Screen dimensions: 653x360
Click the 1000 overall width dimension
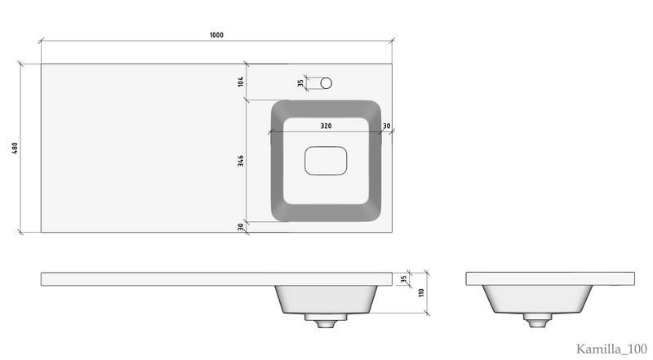point(216,35)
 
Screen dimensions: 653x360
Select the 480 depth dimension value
point(15,148)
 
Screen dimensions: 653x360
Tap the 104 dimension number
point(241,82)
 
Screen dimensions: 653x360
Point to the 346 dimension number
point(241,161)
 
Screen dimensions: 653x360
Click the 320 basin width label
point(326,126)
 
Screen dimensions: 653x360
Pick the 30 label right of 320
point(386,126)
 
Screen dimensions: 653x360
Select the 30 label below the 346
point(241,227)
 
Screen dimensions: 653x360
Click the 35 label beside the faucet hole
point(300,83)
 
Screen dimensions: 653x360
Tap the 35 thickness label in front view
point(403,279)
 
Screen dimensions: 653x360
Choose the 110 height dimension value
point(421,292)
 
